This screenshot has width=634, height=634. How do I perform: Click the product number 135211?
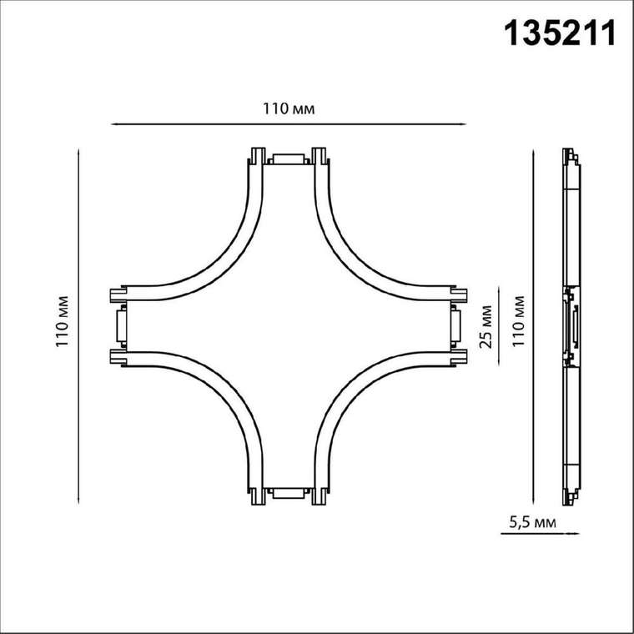pyautogui.click(x=561, y=33)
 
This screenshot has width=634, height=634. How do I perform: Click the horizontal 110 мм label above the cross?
pyautogui.click(x=289, y=108)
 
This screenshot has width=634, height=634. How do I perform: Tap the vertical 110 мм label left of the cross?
pyautogui.click(x=63, y=321)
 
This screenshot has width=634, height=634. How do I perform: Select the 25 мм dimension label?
pyautogui.click(x=486, y=326)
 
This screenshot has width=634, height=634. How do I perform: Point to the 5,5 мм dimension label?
pyautogui.click(x=532, y=522)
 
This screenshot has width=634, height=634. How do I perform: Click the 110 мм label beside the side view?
pyautogui.click(x=518, y=321)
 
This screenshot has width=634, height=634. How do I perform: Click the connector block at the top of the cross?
pyautogui.click(x=289, y=158)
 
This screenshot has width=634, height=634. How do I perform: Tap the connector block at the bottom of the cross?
pyautogui.click(x=289, y=493)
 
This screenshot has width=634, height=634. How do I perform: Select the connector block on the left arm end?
pyautogui.click(x=121, y=326)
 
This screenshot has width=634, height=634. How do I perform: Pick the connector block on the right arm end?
pyautogui.click(x=455, y=326)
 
